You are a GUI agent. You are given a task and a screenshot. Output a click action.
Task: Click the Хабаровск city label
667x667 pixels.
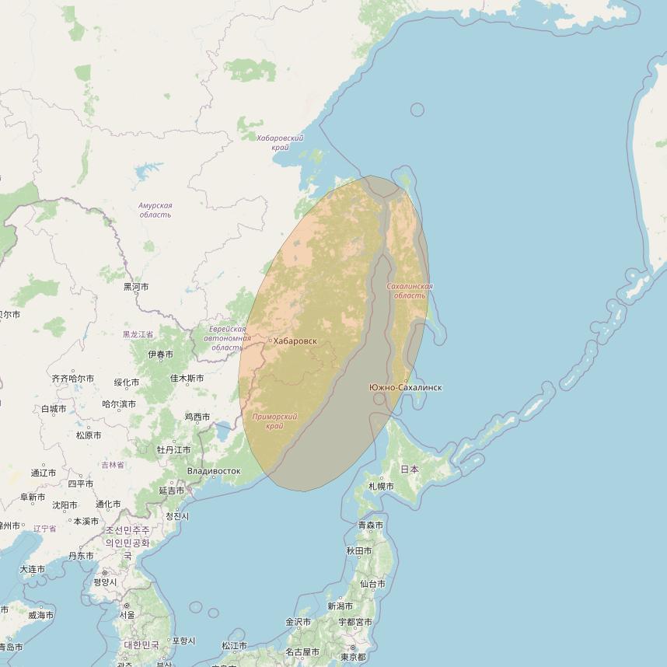point(295,341)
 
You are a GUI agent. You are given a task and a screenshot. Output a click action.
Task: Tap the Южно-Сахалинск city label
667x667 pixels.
point(406,387)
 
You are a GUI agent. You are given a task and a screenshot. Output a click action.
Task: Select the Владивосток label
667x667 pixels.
point(214,471)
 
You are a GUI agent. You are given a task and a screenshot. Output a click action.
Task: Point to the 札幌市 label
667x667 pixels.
point(381,487)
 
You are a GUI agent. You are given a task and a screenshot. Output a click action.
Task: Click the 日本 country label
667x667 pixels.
point(410,470)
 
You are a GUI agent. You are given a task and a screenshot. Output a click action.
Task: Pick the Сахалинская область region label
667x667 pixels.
point(410,291)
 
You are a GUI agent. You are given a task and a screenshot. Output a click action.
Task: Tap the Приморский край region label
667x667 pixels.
point(275,421)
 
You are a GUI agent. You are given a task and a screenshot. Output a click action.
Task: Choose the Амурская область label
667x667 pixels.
point(155,210)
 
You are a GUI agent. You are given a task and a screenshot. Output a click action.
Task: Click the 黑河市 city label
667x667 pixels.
point(136,287)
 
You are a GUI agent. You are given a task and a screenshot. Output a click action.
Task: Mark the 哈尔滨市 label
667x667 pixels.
point(119,404)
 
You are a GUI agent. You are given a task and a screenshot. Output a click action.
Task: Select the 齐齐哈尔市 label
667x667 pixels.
point(72,379)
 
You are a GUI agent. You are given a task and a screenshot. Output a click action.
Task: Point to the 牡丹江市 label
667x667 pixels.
point(173,450)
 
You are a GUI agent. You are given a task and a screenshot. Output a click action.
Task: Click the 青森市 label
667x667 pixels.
point(371,526)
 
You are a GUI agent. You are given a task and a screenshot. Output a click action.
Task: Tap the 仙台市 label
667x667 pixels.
point(372,584)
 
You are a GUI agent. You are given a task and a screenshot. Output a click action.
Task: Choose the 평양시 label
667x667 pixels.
point(105,582)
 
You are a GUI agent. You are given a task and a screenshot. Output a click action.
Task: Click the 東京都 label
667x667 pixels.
point(353,658)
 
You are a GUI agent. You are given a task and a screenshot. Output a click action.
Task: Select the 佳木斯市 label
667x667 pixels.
point(187,379)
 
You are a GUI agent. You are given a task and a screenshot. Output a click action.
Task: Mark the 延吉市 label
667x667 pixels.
point(172,491)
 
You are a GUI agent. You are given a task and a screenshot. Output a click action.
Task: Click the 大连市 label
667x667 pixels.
point(32,569)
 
